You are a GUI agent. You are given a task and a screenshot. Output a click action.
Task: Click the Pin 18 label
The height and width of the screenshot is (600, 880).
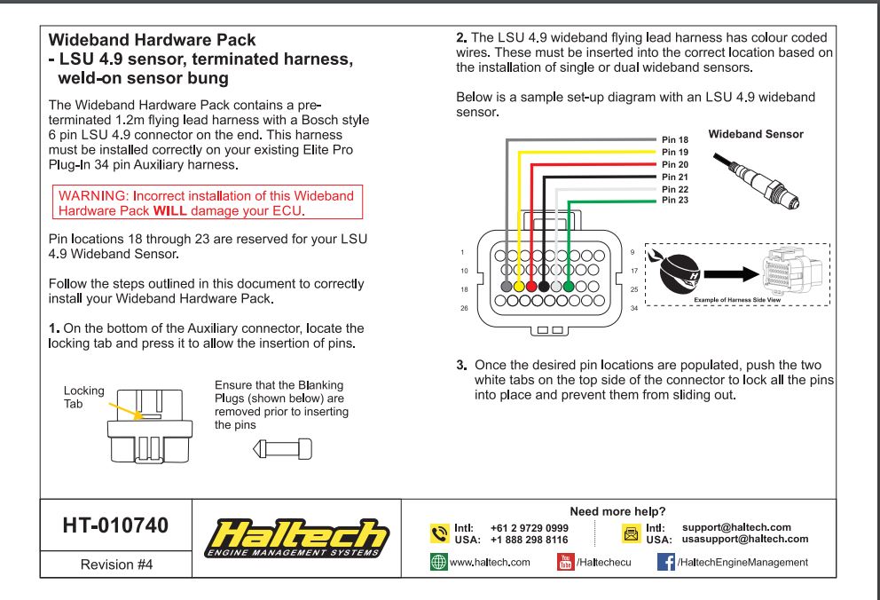(x=676, y=140)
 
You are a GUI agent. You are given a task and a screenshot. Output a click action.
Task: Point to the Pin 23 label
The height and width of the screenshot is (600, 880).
(x=676, y=201)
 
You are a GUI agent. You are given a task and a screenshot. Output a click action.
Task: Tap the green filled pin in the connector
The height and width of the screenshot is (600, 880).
(x=569, y=287)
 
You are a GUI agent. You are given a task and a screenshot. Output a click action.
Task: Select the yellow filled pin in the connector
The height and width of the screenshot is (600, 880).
(x=519, y=287)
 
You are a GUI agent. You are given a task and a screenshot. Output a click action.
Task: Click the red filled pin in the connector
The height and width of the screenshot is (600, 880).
(x=531, y=287)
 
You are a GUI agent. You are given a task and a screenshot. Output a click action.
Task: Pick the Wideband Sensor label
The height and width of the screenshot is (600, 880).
(x=756, y=135)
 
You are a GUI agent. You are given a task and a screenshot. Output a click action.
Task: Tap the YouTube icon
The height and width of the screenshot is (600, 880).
(x=564, y=562)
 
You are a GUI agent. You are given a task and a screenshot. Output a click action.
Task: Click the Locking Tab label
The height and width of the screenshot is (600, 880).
(x=77, y=397)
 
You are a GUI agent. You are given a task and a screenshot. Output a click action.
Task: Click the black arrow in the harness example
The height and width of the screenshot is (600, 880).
(x=732, y=272)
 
